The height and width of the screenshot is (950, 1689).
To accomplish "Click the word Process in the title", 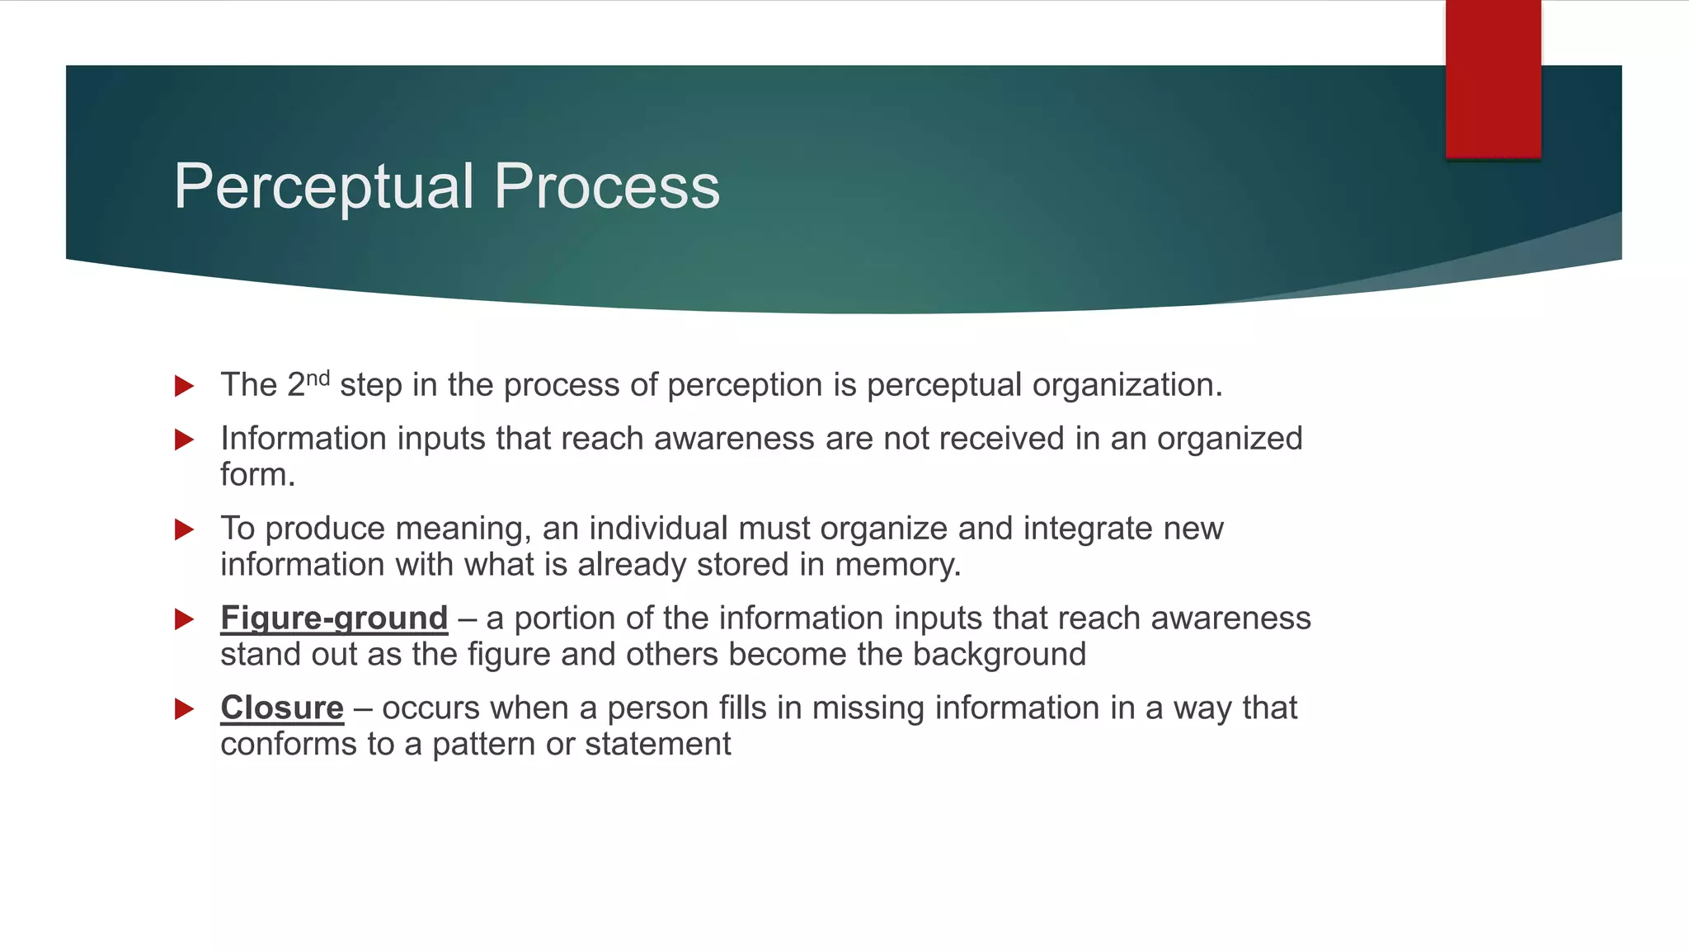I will (x=607, y=187).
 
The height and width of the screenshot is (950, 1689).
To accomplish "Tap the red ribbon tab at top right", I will (x=1493, y=78).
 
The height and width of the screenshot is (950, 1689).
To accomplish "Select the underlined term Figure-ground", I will (x=334, y=618).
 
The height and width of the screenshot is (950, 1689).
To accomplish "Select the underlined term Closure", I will (x=282, y=708).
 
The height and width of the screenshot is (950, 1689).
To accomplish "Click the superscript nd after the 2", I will (x=318, y=378).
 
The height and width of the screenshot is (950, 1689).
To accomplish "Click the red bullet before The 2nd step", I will (x=185, y=386).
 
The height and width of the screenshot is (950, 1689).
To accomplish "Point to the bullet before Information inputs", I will (x=185, y=440).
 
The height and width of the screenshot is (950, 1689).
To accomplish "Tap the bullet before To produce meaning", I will (x=185, y=529).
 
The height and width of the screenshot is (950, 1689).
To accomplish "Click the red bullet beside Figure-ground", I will (x=185, y=619).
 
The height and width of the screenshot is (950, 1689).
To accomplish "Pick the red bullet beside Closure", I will (x=185, y=709).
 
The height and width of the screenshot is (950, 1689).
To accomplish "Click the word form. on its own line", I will (x=257, y=475).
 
